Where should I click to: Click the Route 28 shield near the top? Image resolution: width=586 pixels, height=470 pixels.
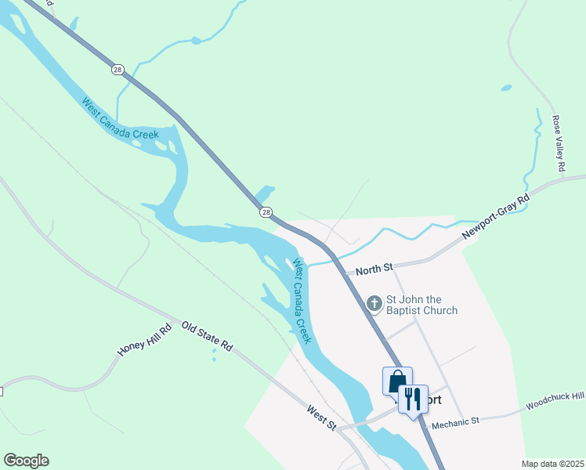pos(118,69)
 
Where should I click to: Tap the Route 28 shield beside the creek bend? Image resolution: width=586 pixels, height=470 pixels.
pos(266,212)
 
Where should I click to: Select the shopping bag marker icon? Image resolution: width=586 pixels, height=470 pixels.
pos(396,381)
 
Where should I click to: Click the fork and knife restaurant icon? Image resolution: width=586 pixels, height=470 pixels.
pos(412,399)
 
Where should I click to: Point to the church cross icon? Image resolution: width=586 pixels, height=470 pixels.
pos(374,302)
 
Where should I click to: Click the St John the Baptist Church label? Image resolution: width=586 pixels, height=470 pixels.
pos(421,305)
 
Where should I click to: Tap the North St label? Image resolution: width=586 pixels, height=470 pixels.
pos(374,269)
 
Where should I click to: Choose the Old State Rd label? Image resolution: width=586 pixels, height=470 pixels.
pos(208,335)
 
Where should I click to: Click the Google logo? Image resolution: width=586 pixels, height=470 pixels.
pos(26,461)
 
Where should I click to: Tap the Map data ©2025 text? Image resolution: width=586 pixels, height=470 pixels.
pos(552,464)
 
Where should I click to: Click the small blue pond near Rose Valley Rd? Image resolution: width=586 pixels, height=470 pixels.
pos(506,88)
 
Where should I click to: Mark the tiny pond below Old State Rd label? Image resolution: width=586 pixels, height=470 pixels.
pos(214,352)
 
